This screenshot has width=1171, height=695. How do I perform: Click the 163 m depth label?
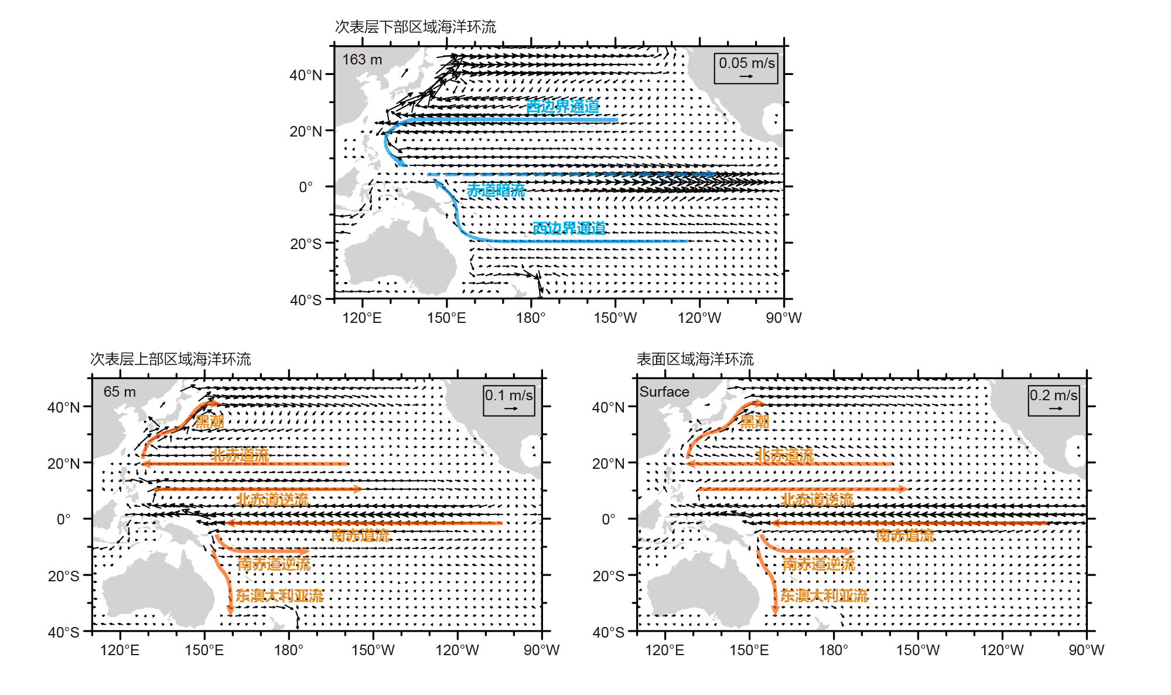(362, 60)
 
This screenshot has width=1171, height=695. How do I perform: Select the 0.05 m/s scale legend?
(746, 68)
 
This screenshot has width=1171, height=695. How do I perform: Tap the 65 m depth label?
(120, 392)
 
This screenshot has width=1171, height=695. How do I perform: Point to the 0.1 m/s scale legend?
(508, 400)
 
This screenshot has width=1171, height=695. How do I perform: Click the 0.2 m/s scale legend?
(1053, 400)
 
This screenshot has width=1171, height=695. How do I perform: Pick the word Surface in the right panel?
(664, 392)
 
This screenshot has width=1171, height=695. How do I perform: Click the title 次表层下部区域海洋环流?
(415, 27)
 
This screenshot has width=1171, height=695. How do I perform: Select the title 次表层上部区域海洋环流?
(170, 359)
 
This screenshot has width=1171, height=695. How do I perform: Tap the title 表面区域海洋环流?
(695, 359)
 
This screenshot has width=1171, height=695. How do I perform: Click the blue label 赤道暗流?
(496, 190)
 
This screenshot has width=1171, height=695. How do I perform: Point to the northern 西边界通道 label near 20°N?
(562, 106)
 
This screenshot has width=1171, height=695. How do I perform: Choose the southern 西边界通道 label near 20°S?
(569, 228)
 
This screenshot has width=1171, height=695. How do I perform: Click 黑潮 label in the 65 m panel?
(209, 421)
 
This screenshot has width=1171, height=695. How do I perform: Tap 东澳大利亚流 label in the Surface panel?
(824, 596)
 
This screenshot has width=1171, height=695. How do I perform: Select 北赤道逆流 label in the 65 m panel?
(272, 500)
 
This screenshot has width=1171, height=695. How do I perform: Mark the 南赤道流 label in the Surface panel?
(904, 535)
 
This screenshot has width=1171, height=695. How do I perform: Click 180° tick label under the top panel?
(531, 318)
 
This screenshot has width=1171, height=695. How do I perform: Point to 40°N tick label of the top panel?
(306, 75)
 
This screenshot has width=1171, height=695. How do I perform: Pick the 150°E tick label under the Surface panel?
(749, 650)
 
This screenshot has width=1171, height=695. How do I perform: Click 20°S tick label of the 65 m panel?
(64, 576)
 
